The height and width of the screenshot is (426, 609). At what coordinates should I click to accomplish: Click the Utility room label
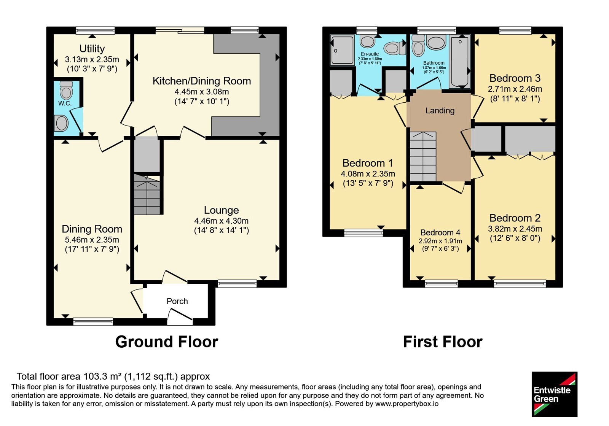tap(92, 49)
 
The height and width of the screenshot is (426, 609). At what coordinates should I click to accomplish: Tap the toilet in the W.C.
tap(66, 90)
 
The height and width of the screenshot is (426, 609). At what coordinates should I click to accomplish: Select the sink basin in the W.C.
tap(61, 123)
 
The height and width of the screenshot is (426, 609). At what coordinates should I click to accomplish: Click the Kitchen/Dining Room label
tap(202, 81)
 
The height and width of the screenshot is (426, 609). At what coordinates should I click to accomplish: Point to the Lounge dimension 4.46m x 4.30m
tap(221, 221)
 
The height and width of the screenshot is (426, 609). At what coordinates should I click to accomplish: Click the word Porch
tap(177, 301)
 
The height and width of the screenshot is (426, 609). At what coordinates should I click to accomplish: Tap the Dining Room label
tap(92, 229)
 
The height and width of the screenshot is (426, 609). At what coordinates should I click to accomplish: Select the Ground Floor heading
tap(167, 342)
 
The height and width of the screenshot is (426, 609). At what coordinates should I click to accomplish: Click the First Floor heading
tap(443, 342)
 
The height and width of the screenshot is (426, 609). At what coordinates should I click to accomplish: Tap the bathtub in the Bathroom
tap(460, 62)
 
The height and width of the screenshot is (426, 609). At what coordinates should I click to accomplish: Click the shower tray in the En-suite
tap(342, 50)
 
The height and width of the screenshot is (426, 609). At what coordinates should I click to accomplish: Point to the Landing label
tap(440, 111)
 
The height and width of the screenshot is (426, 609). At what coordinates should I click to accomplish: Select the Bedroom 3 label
tap(515, 78)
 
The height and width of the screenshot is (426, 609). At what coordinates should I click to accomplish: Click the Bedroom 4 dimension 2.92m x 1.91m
tap(440, 241)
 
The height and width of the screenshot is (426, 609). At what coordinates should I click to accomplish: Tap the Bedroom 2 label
tap(515, 218)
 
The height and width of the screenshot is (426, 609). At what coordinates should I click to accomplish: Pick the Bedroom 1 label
tap(368, 163)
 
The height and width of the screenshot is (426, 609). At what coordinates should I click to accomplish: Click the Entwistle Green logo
tap(555, 394)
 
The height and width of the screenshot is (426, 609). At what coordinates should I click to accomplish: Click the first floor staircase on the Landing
tap(423, 156)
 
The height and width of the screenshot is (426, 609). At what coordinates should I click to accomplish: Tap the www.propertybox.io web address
tap(407, 404)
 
